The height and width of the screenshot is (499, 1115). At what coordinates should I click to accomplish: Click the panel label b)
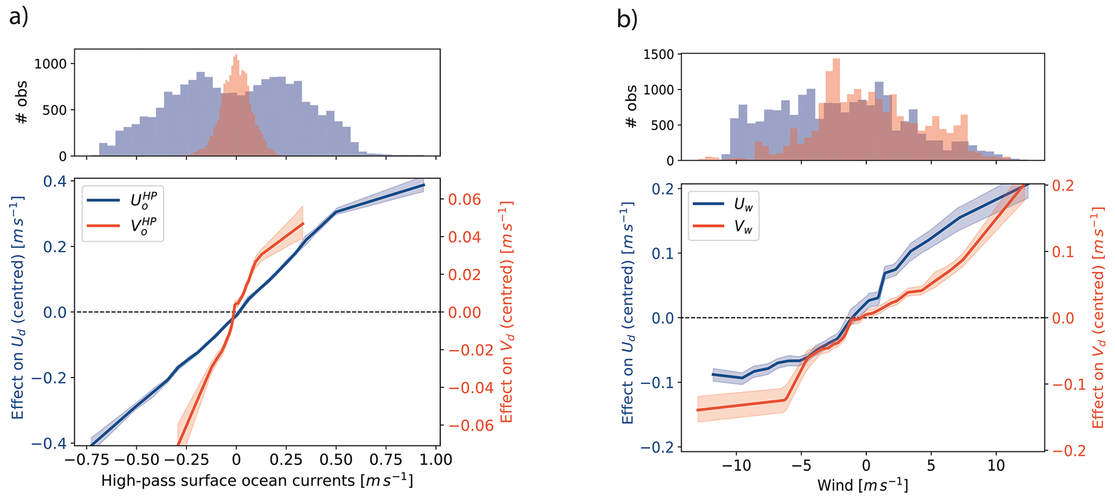tap(627, 20)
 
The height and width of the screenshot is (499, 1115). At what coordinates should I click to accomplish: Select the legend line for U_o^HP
tap(102, 200)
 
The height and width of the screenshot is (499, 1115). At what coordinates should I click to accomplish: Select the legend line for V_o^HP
tap(102, 225)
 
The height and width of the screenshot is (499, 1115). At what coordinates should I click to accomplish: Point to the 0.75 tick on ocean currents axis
tap(386, 460)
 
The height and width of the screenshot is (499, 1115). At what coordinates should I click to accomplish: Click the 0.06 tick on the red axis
tap(464, 200)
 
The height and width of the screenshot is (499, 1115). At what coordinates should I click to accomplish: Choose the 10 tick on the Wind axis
tap(996, 466)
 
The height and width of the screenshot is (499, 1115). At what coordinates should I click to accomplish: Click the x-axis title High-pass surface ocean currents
tap(257, 481)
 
